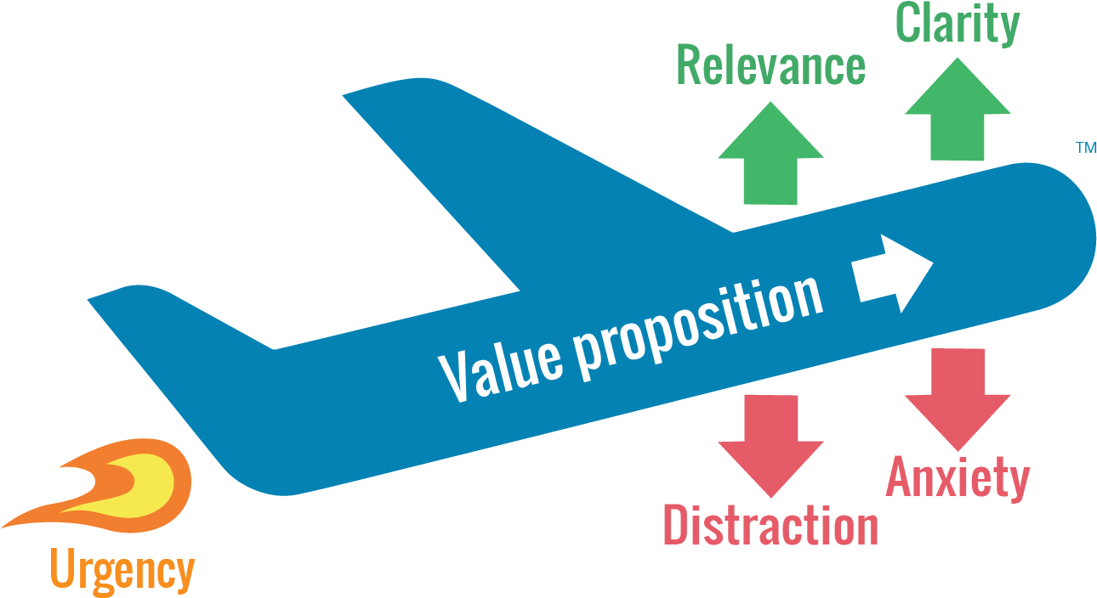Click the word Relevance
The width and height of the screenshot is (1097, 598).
point(770,66)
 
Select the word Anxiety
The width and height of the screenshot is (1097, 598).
point(958,477)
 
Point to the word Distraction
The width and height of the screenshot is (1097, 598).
point(770,525)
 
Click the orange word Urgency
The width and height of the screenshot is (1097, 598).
point(122,571)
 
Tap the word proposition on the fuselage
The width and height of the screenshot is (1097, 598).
point(697,319)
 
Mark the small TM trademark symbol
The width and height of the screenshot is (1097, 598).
point(1085,148)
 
